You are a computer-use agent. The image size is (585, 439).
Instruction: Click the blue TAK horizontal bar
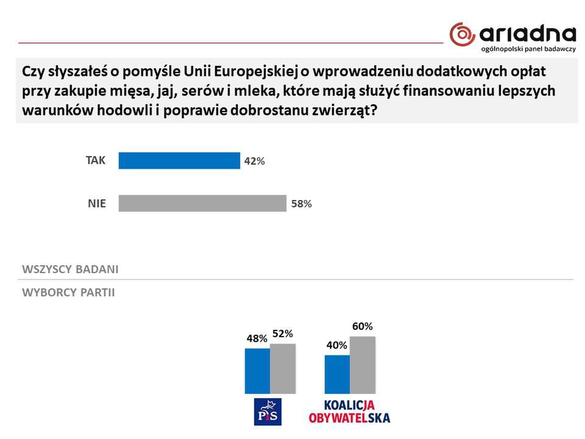pos(179,160)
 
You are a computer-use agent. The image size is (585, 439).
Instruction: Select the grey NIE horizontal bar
pos(202,203)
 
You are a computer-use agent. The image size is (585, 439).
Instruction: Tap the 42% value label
pos(255,162)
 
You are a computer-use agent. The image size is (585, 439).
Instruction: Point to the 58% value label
pos(301,204)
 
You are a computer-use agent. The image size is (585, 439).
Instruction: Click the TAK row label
pos(96,160)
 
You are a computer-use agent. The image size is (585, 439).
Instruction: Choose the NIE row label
pos(96,204)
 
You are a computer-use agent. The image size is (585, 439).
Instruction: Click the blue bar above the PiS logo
pos(257,371)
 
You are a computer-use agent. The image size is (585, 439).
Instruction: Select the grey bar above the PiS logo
pos(282,368)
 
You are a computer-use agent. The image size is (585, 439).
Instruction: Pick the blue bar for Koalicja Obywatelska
pos(337,374)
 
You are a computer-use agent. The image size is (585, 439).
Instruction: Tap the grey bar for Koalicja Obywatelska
pos(363,365)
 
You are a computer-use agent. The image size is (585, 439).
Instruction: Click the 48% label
pos(257,338)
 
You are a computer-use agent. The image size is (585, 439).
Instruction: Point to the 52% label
pos(283,334)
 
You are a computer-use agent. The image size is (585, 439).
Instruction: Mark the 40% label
pos(336,345)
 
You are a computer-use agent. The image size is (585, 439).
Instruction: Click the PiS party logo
pos(268,411)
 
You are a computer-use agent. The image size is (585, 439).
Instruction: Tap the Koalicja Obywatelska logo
pos(349,412)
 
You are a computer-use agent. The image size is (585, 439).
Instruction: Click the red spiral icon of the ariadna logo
pos(462,34)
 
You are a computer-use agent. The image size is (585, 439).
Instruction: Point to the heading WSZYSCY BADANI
pos(70,269)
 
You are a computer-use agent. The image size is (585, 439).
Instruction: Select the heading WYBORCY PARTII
pos(68,293)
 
